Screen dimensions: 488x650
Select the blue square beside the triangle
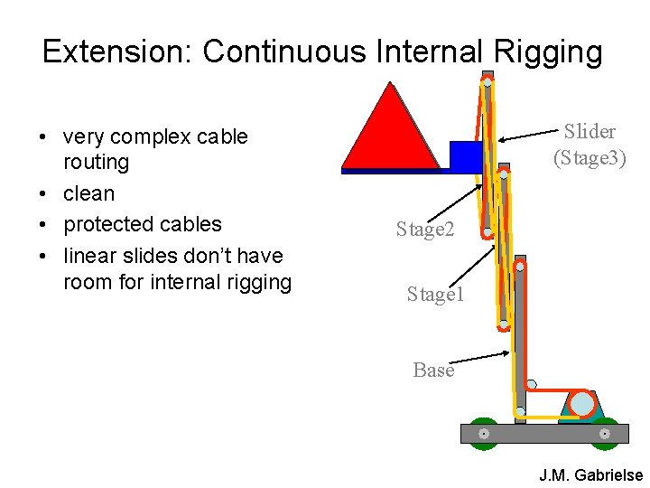click(x=465, y=155)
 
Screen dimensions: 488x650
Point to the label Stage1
click(x=435, y=294)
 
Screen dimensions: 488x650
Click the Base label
click(x=433, y=370)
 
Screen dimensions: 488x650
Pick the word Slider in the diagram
click(x=590, y=132)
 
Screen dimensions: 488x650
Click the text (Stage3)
click(x=590, y=158)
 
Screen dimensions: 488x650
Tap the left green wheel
click(x=484, y=434)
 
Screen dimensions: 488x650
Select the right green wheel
click(x=604, y=434)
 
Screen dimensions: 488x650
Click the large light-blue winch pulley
click(x=583, y=403)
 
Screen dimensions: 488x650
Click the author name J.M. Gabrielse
click(x=590, y=474)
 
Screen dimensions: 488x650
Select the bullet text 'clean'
click(x=88, y=193)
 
